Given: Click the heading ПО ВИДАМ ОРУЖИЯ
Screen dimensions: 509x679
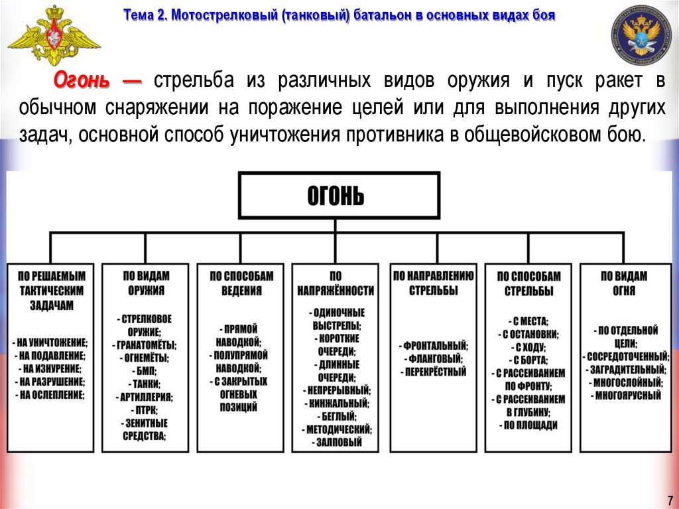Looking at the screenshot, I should click(x=146, y=283).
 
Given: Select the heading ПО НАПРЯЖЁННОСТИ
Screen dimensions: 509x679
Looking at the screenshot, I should click(x=336, y=283).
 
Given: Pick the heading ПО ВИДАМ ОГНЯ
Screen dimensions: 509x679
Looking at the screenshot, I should click(x=624, y=283).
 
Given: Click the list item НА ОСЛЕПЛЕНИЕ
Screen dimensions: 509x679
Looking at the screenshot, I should click(x=51, y=394).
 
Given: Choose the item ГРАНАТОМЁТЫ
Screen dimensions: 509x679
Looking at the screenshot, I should click(x=145, y=344).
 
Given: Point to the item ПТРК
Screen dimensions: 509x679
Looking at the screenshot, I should click(x=145, y=409).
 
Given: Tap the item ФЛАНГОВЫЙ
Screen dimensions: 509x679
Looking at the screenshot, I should click(x=433, y=358).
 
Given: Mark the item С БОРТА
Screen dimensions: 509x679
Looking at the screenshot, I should click(x=528, y=360).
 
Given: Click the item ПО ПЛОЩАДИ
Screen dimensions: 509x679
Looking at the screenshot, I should click(x=528, y=425).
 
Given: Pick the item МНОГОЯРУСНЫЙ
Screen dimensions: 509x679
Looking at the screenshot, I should click(x=624, y=395).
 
